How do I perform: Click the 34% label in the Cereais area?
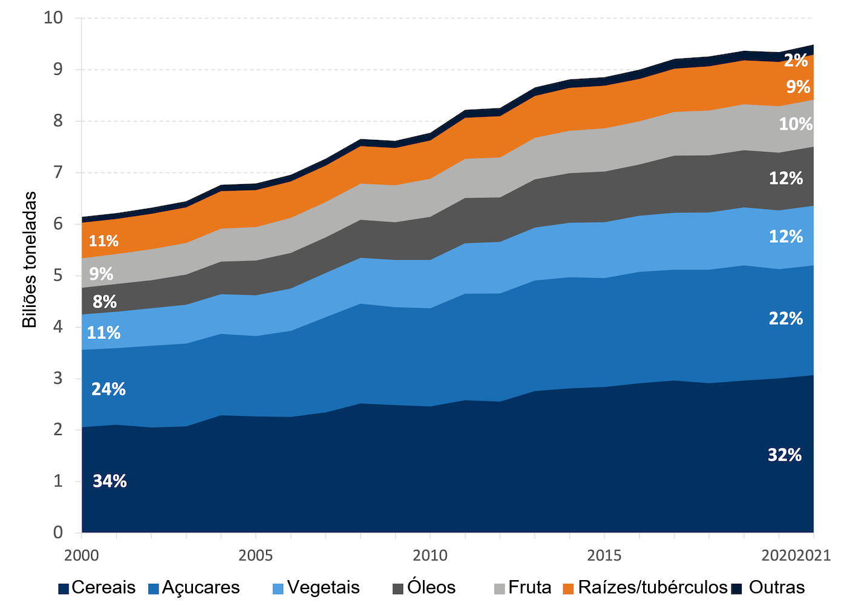coord(110,481)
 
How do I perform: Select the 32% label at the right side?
coord(785,455)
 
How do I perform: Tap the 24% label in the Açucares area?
coord(108,389)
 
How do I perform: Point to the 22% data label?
coord(785,318)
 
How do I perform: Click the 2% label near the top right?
coord(796,61)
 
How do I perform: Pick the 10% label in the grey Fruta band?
coord(795,124)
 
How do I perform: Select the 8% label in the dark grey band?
coord(105,302)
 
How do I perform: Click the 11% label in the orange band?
coord(103,241)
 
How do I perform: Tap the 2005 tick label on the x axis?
coord(255,555)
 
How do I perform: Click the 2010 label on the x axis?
coord(430,555)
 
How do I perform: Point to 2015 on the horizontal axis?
coord(604,555)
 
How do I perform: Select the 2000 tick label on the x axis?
coord(81,555)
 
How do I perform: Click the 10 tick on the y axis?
coord(53,18)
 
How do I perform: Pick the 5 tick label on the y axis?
coord(57,276)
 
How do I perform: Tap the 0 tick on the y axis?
coord(57,532)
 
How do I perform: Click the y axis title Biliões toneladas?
coord(30,260)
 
